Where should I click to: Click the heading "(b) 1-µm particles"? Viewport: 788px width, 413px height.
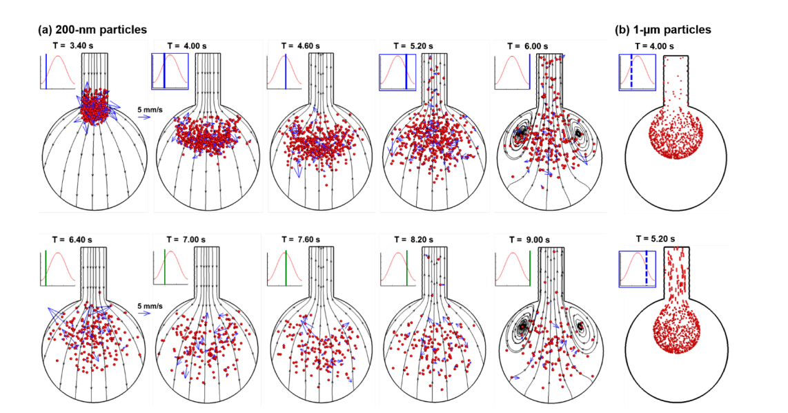tap(663, 30)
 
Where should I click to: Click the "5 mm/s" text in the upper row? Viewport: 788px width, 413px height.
tap(150, 109)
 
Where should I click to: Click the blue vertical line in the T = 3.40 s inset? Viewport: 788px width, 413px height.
tap(46, 71)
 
